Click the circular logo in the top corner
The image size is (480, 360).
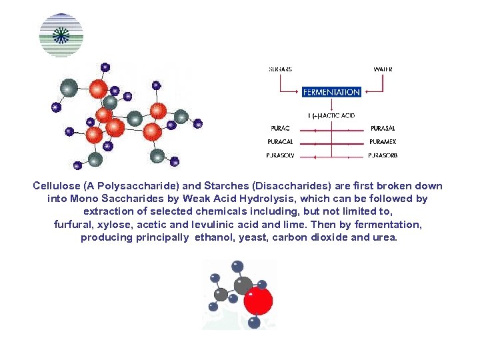click(x=61, y=35)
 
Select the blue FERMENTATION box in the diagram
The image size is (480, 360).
click(x=331, y=92)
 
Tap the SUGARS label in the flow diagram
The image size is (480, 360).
click(x=280, y=69)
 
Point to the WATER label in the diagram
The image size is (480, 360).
click(x=383, y=69)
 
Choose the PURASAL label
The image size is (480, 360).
click(x=383, y=128)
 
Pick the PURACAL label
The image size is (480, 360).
click(x=281, y=141)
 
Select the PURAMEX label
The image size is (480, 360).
click(x=383, y=141)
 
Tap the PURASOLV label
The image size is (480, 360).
click(x=281, y=155)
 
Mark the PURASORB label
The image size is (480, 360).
click(x=383, y=155)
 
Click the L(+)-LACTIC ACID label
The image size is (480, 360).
click(x=331, y=115)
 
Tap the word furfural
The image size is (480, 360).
click(x=75, y=225)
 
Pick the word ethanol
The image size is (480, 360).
click(x=213, y=237)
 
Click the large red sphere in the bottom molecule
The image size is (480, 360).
click(x=258, y=301)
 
